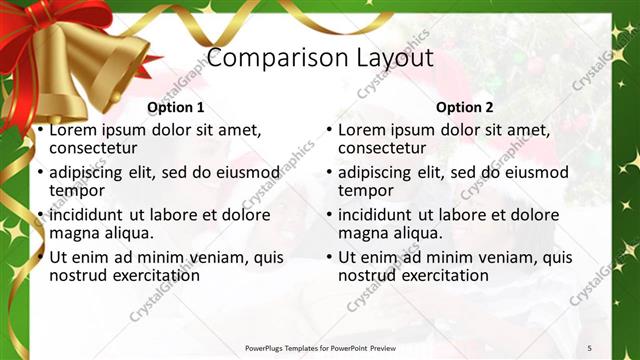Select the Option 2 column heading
(465, 107)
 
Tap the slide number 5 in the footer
(590, 347)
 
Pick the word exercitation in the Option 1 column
(144, 275)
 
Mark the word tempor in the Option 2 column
(363, 190)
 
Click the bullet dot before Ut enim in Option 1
(39, 257)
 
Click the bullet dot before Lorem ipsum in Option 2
(329, 130)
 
